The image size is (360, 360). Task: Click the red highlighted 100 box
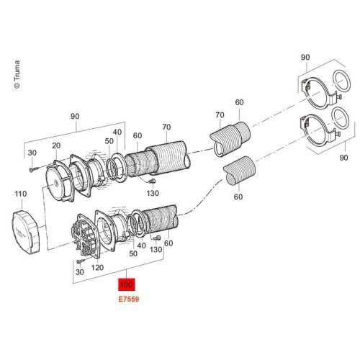tap(127, 284)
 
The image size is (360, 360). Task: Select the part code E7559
tap(129, 300)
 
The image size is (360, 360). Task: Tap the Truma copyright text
tap(17, 74)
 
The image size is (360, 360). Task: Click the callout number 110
tap(21, 194)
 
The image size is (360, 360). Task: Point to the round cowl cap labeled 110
tap(25, 232)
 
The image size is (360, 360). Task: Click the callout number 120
tap(97, 267)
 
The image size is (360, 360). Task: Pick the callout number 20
tap(56, 145)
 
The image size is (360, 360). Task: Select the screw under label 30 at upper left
tap(32, 170)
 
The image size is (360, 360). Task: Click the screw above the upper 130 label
tap(152, 181)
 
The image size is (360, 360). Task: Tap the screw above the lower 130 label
tap(157, 238)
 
